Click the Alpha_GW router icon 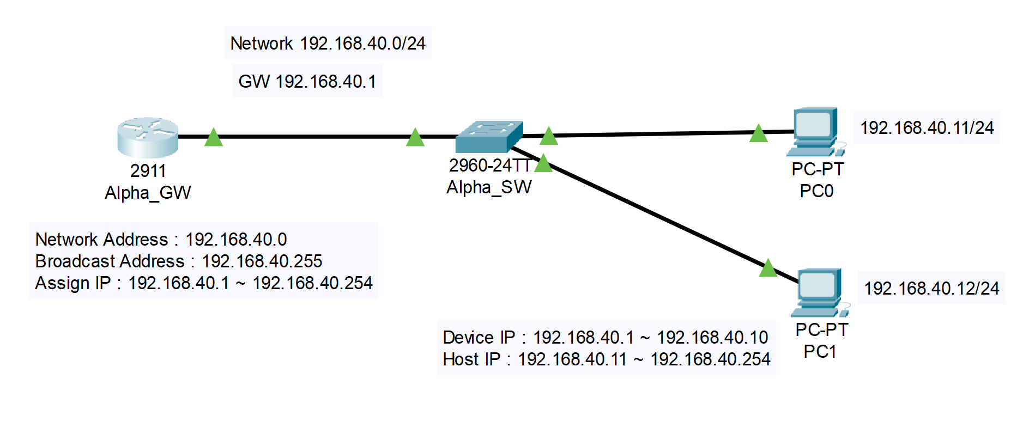148,137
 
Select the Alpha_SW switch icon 489,137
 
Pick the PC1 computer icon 820,292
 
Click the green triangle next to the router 214,138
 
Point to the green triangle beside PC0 758,133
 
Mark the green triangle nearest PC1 768,268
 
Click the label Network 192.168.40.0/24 328,43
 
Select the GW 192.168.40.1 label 307,81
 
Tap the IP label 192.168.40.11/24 927,128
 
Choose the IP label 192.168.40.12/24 931,288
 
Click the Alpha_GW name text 148,193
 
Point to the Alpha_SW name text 489,187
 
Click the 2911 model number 148,171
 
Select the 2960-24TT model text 489,166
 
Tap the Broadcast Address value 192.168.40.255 262,261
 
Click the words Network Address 101,240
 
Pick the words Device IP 479,338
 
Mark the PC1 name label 820,352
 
